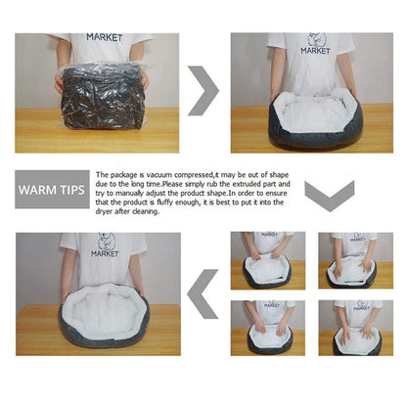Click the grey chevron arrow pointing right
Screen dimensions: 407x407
coord(203,90)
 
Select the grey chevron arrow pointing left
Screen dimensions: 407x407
coord(203,294)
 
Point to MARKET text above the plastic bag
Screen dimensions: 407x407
coord(105,37)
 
